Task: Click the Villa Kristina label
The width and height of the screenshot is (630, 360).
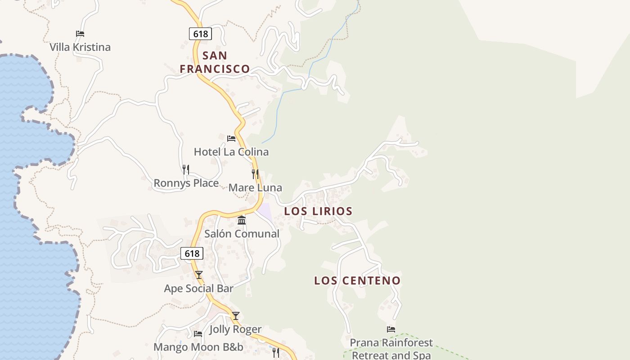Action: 80,47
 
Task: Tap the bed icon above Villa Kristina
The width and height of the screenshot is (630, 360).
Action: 80,34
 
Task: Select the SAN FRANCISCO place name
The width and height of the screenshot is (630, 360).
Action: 215,62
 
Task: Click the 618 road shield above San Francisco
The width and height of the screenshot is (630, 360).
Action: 200,34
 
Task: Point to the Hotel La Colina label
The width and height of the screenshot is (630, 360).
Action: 231,152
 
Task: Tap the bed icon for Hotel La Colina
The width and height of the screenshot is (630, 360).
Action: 231,139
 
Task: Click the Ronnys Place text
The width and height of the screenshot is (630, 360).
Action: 186,183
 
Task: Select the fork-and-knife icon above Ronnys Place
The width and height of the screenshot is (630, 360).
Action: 185,170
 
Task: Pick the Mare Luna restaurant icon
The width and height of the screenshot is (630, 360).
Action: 255,174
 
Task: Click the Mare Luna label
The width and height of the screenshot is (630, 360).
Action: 255,188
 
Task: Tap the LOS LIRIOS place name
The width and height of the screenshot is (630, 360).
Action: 318,211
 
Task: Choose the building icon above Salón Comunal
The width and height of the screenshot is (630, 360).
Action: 242,220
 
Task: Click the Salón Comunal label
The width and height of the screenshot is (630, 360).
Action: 242,234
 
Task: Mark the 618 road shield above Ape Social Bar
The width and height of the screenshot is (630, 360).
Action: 192,254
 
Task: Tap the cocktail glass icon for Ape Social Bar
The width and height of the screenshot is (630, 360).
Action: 198,275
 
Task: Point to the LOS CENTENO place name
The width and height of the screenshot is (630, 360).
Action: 357,281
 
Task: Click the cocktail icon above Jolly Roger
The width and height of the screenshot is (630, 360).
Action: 235,316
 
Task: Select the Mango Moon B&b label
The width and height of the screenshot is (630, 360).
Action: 198,347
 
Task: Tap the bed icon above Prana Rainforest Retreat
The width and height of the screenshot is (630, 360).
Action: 391,329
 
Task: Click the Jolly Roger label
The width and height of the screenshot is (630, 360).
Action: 235,329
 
